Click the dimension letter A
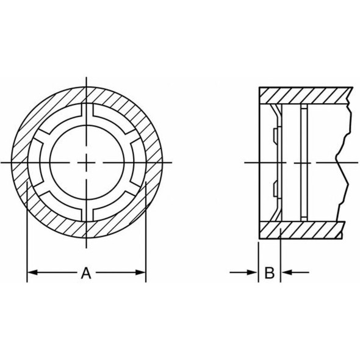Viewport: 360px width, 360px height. (x=87, y=273)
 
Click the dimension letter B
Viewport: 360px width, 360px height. (x=269, y=273)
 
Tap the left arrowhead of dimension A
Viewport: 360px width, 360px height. (x=31, y=272)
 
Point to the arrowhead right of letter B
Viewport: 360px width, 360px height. (x=285, y=272)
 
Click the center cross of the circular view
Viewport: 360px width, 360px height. (x=87, y=162)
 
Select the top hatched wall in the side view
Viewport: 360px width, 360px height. (x=305, y=95)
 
